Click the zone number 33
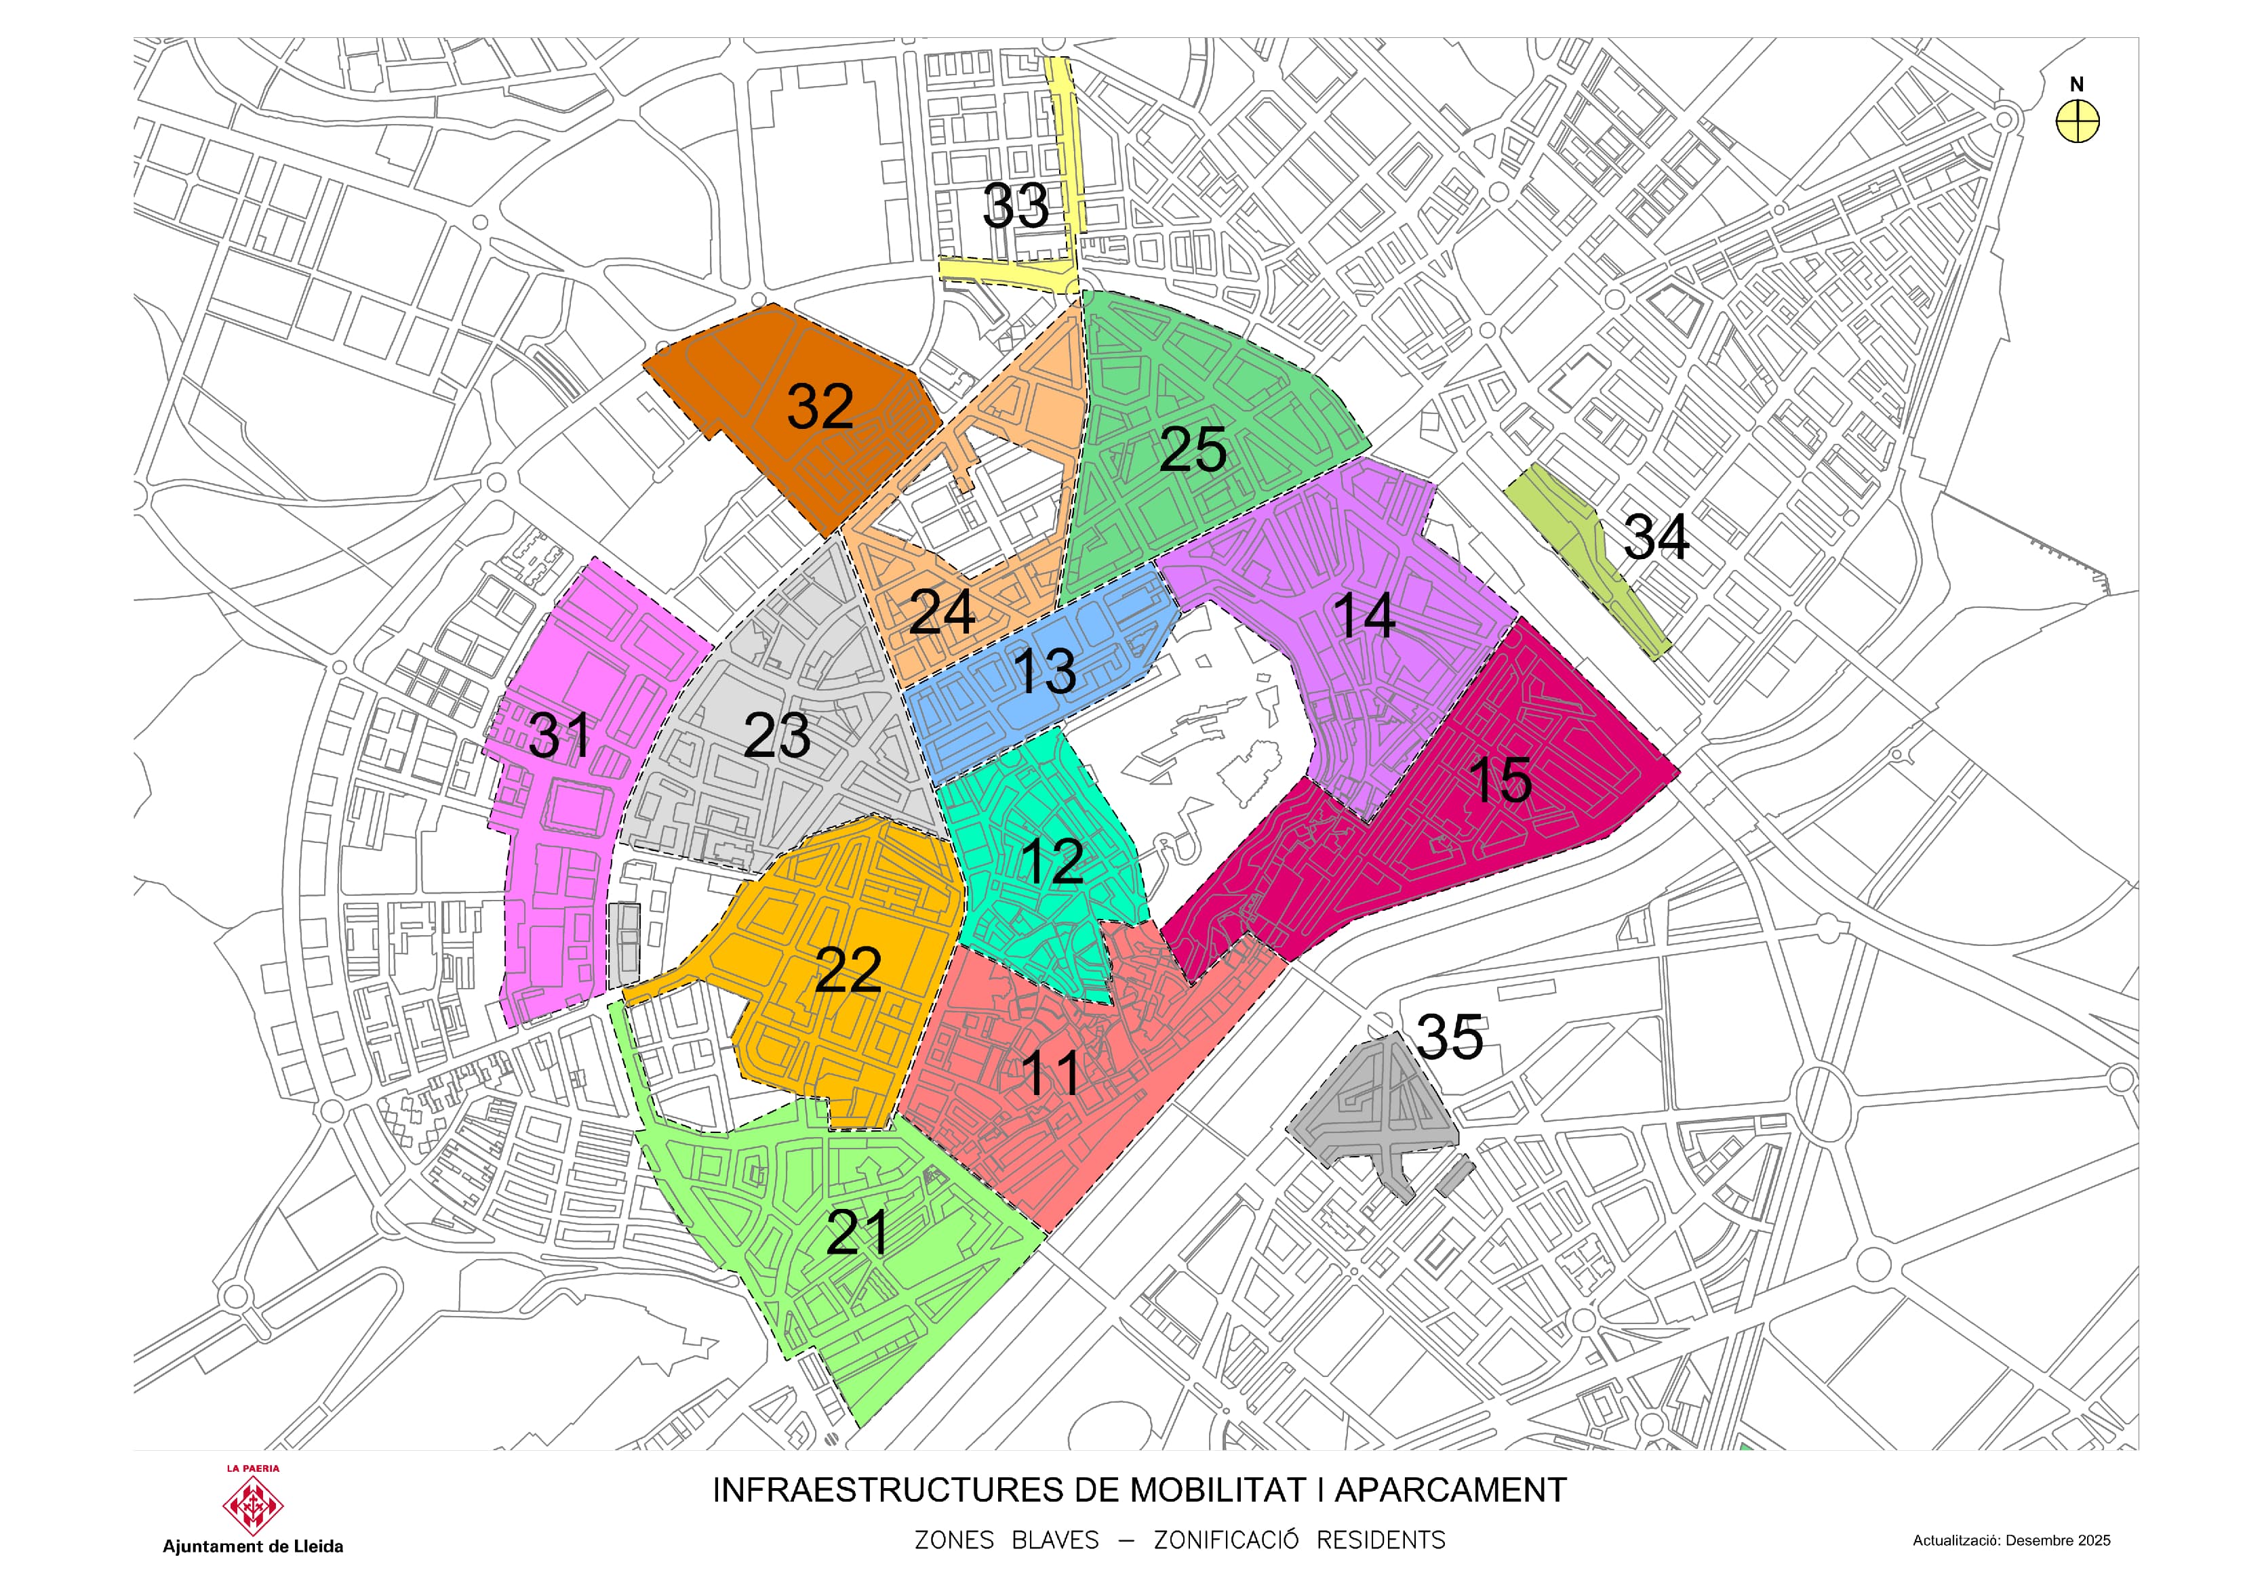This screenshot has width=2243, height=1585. coord(1015,206)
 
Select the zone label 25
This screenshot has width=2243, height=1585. coord(1193,450)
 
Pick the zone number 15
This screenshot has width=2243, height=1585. coord(1501,780)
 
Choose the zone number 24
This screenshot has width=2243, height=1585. coord(942,613)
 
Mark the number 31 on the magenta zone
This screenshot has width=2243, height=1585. coord(560,735)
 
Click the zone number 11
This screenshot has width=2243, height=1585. coord(1051,1073)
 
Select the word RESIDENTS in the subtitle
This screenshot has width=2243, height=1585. coord(1381,1541)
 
